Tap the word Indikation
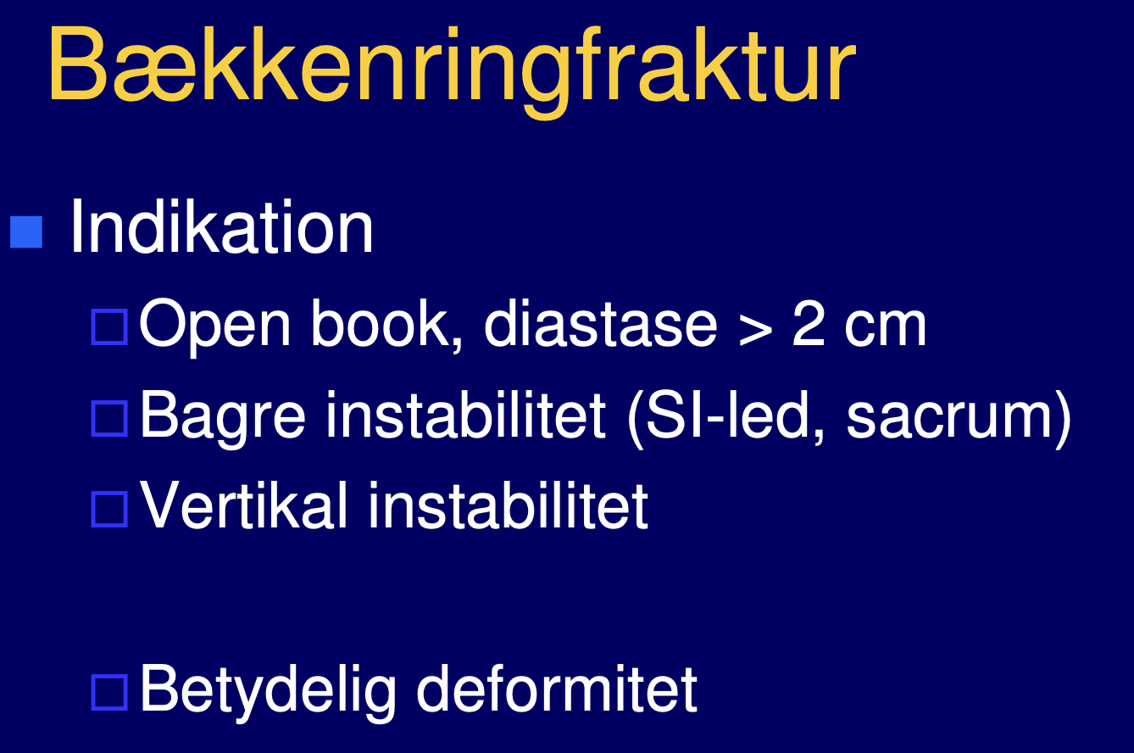(221, 226)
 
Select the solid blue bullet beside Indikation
(26, 232)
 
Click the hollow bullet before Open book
(109, 327)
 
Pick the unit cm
(885, 329)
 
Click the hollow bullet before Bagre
(109, 419)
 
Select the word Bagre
(223, 418)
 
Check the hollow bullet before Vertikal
(109, 509)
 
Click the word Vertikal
(243, 505)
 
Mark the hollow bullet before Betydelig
(109, 692)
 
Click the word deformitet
(556, 688)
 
